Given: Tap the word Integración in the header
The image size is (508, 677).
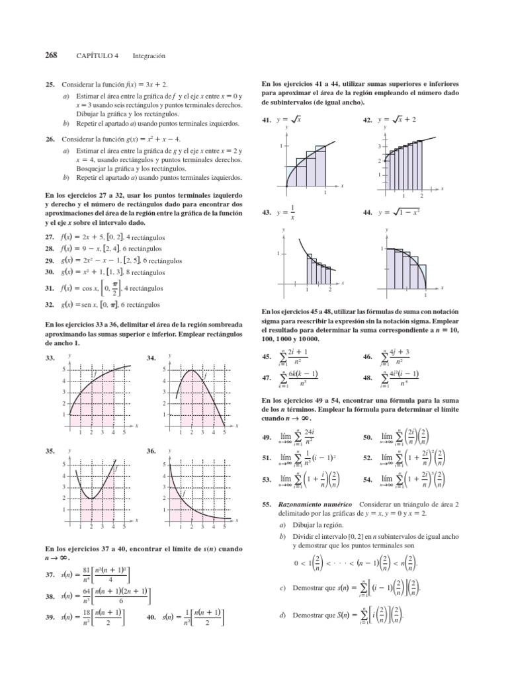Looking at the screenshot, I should coord(149,56).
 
